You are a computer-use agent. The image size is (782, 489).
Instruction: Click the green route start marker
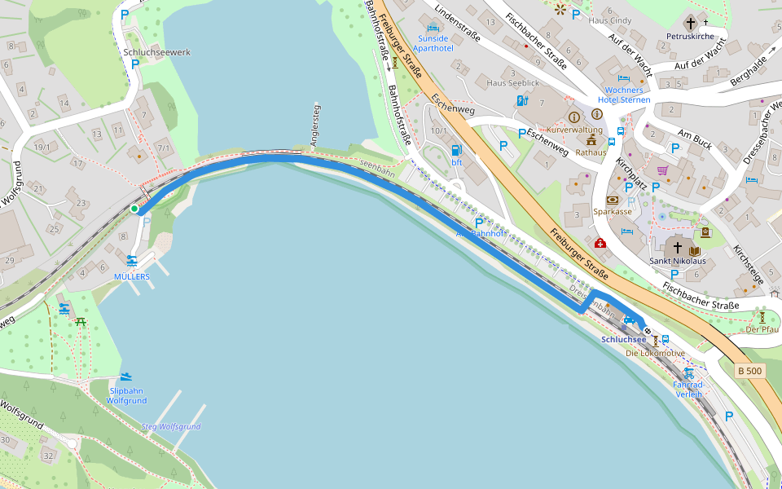pos(134,209)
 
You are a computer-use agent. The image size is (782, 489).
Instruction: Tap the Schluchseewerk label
pos(157,52)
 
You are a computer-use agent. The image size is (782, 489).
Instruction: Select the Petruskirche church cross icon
pos(691,24)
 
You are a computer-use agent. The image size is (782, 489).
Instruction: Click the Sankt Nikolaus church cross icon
pos(677,248)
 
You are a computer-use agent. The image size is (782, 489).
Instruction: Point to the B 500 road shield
pos(749,372)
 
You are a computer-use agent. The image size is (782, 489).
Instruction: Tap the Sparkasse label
pos(613,212)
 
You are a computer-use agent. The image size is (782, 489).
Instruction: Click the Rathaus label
pos(591,152)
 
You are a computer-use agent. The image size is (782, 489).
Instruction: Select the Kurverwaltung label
pos(574,130)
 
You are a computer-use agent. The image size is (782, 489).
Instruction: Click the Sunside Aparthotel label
pos(433,43)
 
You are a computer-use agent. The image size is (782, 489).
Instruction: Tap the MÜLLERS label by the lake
pos(132,277)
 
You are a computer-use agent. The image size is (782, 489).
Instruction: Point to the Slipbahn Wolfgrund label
pos(126,396)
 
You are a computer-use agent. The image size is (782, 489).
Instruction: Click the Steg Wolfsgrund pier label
pos(171,427)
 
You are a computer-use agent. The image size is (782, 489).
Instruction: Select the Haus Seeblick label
pos(512,83)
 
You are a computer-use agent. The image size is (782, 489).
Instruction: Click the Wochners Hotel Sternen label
pos(624,95)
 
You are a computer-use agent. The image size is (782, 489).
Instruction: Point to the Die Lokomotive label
pos(655,354)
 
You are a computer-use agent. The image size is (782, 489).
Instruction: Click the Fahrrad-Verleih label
pos(688,389)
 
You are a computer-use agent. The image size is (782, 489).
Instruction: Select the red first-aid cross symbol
pos(600,243)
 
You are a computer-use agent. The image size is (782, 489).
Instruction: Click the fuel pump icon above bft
pos(457,150)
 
